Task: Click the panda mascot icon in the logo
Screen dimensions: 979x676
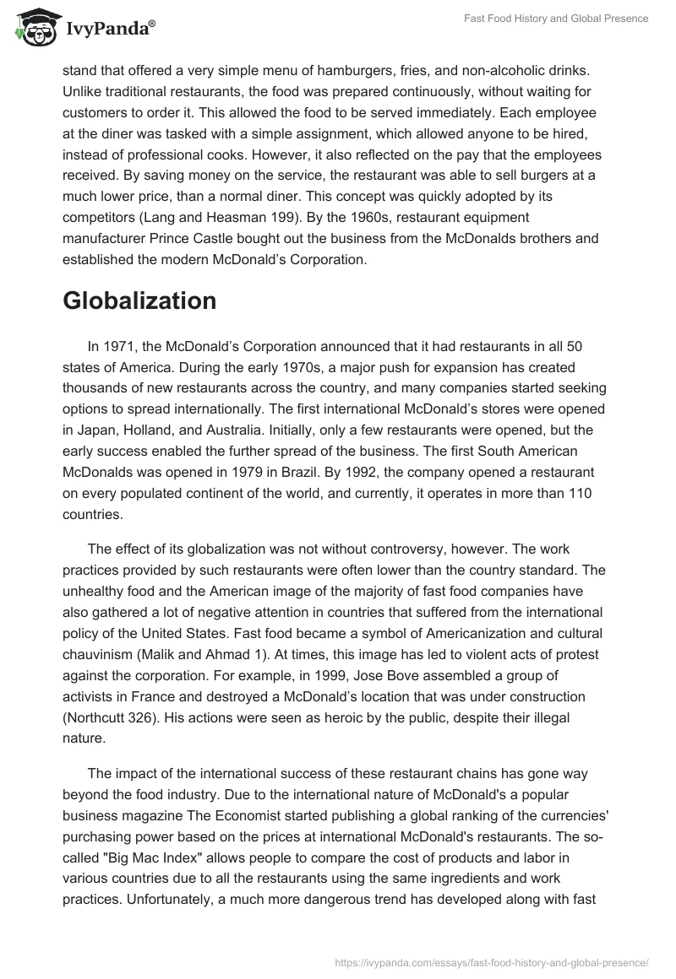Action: (31, 27)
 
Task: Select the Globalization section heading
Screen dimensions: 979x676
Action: (139, 300)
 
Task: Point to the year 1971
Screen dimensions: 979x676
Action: (122, 346)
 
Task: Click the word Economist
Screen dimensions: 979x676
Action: (251, 815)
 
